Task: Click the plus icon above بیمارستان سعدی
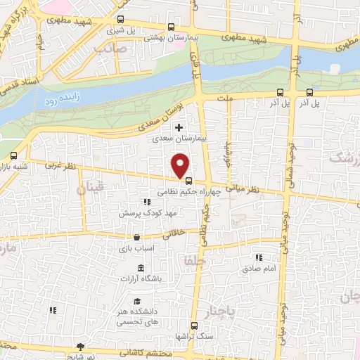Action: click(179, 127)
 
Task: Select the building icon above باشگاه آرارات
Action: click(141, 269)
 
